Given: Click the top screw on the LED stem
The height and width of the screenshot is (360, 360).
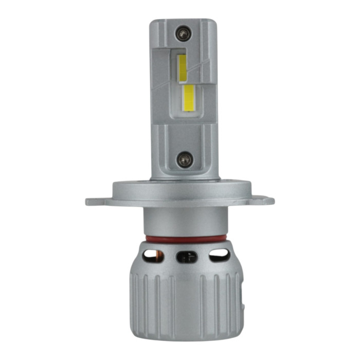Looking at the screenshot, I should tap(183, 34).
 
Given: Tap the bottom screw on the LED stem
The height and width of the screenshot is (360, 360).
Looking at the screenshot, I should tap(184, 159).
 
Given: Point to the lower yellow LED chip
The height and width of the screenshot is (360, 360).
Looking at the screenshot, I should tap(189, 97).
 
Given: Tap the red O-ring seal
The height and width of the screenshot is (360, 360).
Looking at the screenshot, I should tap(185, 239).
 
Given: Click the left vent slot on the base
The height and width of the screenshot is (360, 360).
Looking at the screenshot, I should tap(153, 254).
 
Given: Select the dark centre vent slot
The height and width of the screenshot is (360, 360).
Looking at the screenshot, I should tap(186, 256).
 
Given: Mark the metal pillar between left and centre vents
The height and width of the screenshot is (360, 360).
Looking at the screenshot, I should tap(169, 256).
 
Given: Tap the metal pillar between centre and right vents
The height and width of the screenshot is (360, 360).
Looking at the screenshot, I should tap(204, 256).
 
